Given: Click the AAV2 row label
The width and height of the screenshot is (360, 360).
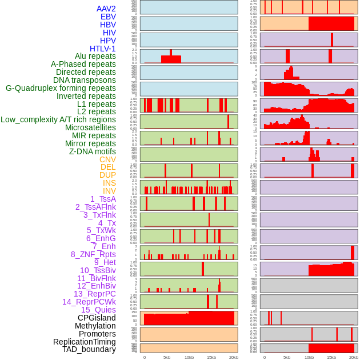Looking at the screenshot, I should click(x=106, y=9).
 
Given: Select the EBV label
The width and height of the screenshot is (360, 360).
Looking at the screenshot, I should click(x=108, y=17).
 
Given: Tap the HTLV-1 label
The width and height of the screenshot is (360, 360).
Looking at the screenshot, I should click(x=103, y=49).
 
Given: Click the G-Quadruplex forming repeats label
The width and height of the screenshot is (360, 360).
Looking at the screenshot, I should click(x=61, y=88).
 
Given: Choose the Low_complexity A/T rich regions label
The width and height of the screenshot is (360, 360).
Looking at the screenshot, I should click(x=58, y=119).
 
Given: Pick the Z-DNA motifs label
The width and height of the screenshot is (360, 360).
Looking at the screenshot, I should click(x=93, y=151).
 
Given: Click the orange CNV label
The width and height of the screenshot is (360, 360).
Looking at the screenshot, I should click(x=107, y=159).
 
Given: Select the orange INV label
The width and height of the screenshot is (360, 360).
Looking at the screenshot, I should click(x=109, y=191).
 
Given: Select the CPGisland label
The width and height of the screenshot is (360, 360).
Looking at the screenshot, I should click(x=97, y=318).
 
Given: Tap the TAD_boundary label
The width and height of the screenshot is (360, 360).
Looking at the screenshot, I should click(x=89, y=349).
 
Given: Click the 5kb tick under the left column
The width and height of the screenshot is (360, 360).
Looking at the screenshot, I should click(x=167, y=357).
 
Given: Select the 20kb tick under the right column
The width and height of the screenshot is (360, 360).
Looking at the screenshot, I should click(x=354, y=357).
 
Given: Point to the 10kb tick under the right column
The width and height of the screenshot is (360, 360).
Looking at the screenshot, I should click(x=309, y=357).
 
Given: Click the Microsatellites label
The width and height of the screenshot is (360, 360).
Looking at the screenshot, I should click(x=90, y=127).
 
